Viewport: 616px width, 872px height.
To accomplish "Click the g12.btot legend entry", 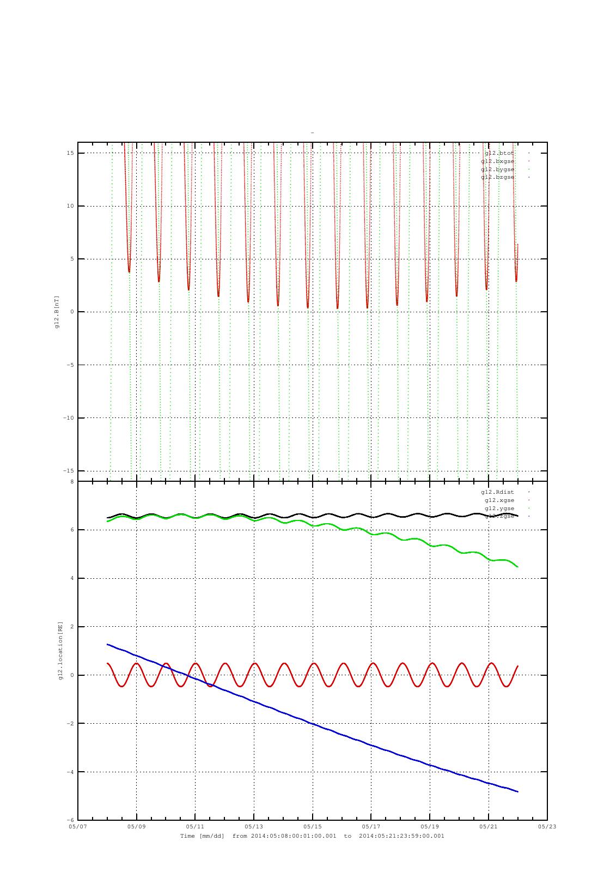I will point(499,153).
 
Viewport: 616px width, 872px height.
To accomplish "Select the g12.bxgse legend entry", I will point(497,161).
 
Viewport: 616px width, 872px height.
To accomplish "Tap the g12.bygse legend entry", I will point(497,169).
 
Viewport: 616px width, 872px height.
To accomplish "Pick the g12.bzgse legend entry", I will point(497,177).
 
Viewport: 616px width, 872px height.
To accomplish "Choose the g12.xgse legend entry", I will point(499,500).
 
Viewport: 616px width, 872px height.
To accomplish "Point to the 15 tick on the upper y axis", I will point(70,153).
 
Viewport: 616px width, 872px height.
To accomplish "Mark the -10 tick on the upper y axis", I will point(68,418).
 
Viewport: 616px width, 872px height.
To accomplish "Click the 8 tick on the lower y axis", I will point(72,482).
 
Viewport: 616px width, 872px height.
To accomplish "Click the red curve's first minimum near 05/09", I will point(129,271).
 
